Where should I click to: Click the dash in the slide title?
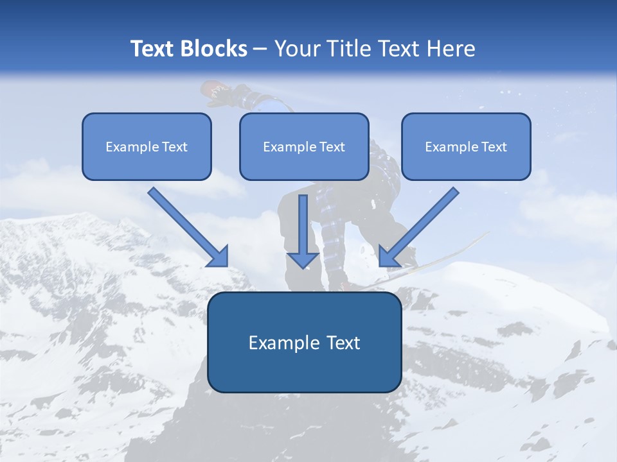click(260, 49)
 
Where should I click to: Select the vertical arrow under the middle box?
click(303, 225)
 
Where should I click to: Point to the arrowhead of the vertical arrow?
click(303, 259)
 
